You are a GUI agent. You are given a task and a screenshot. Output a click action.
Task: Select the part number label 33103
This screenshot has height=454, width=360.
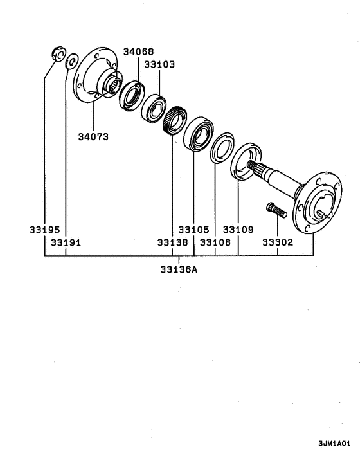point(159,64)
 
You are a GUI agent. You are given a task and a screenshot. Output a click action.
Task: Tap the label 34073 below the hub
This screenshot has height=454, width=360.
point(93,137)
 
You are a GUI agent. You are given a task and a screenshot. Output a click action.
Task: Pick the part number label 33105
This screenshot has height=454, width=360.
point(194,230)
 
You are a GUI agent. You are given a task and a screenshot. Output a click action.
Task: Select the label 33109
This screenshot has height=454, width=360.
point(239,230)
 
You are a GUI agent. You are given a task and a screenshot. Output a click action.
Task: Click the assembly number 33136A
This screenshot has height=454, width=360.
point(179,269)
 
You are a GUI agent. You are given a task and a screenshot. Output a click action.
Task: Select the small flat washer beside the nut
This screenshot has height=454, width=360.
point(71,60)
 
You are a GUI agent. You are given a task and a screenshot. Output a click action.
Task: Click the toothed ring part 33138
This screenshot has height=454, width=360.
point(174,120)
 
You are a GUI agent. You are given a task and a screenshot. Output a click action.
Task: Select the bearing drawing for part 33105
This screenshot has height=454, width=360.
point(197,133)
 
